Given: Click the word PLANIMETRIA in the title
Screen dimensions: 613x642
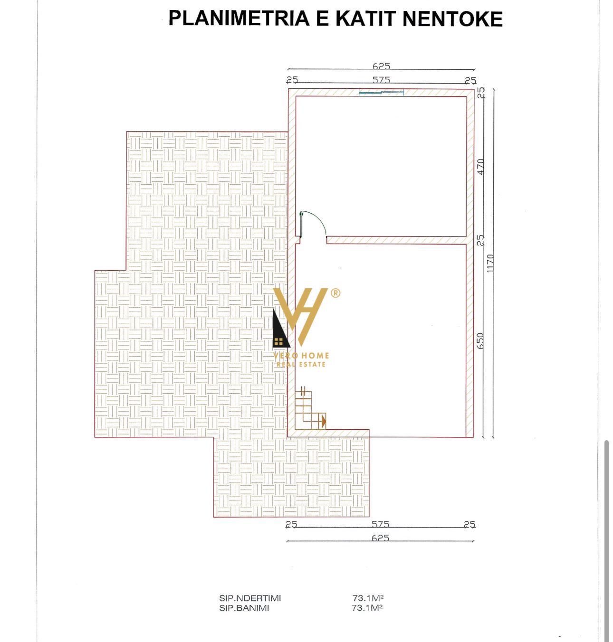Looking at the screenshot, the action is (239, 19).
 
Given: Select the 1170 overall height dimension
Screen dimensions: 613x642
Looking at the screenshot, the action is (489, 263).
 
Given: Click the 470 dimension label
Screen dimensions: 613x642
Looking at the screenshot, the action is (480, 167).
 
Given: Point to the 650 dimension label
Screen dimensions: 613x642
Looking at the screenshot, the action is (479, 341).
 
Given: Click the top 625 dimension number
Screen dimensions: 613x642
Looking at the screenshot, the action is (381, 66).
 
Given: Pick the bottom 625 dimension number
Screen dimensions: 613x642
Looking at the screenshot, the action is (380, 538).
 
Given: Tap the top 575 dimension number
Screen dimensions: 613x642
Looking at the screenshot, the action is (381, 80).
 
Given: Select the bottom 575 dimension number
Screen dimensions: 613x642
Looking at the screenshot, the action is (380, 524).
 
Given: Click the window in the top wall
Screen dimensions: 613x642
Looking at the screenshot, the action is (381, 93).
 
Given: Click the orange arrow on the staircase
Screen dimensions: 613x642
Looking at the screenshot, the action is (324, 422).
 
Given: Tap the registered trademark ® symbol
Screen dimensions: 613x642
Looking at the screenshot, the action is (335, 293).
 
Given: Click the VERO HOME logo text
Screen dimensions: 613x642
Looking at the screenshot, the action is (301, 356).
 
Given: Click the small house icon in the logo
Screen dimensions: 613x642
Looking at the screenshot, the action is (279, 342).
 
